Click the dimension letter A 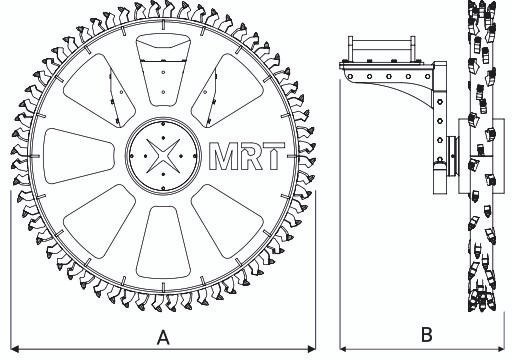click(x=163, y=338)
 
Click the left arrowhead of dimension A click(x=15, y=349)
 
